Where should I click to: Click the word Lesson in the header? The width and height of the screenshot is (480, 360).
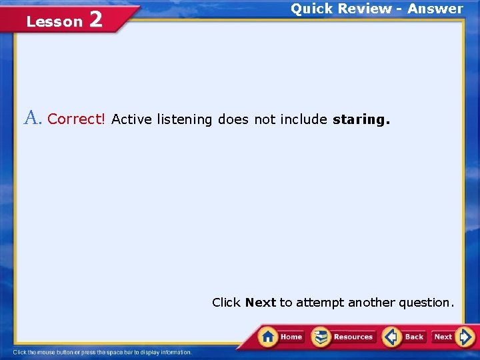click(54, 21)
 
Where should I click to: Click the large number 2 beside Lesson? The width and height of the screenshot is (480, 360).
click(95, 19)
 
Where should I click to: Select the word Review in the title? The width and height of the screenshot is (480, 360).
click(364, 9)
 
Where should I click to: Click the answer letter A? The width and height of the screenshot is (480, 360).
click(33, 119)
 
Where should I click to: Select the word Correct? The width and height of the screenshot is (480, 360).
click(77, 119)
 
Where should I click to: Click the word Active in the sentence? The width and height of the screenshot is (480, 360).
click(131, 119)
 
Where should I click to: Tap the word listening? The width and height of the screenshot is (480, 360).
click(184, 120)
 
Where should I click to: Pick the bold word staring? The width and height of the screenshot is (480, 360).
click(361, 120)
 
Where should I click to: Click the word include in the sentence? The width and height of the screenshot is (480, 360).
click(303, 119)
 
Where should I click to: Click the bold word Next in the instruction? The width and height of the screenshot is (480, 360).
click(260, 303)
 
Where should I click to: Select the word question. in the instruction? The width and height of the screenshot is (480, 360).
click(426, 303)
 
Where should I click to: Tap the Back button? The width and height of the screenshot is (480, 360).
click(404, 337)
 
